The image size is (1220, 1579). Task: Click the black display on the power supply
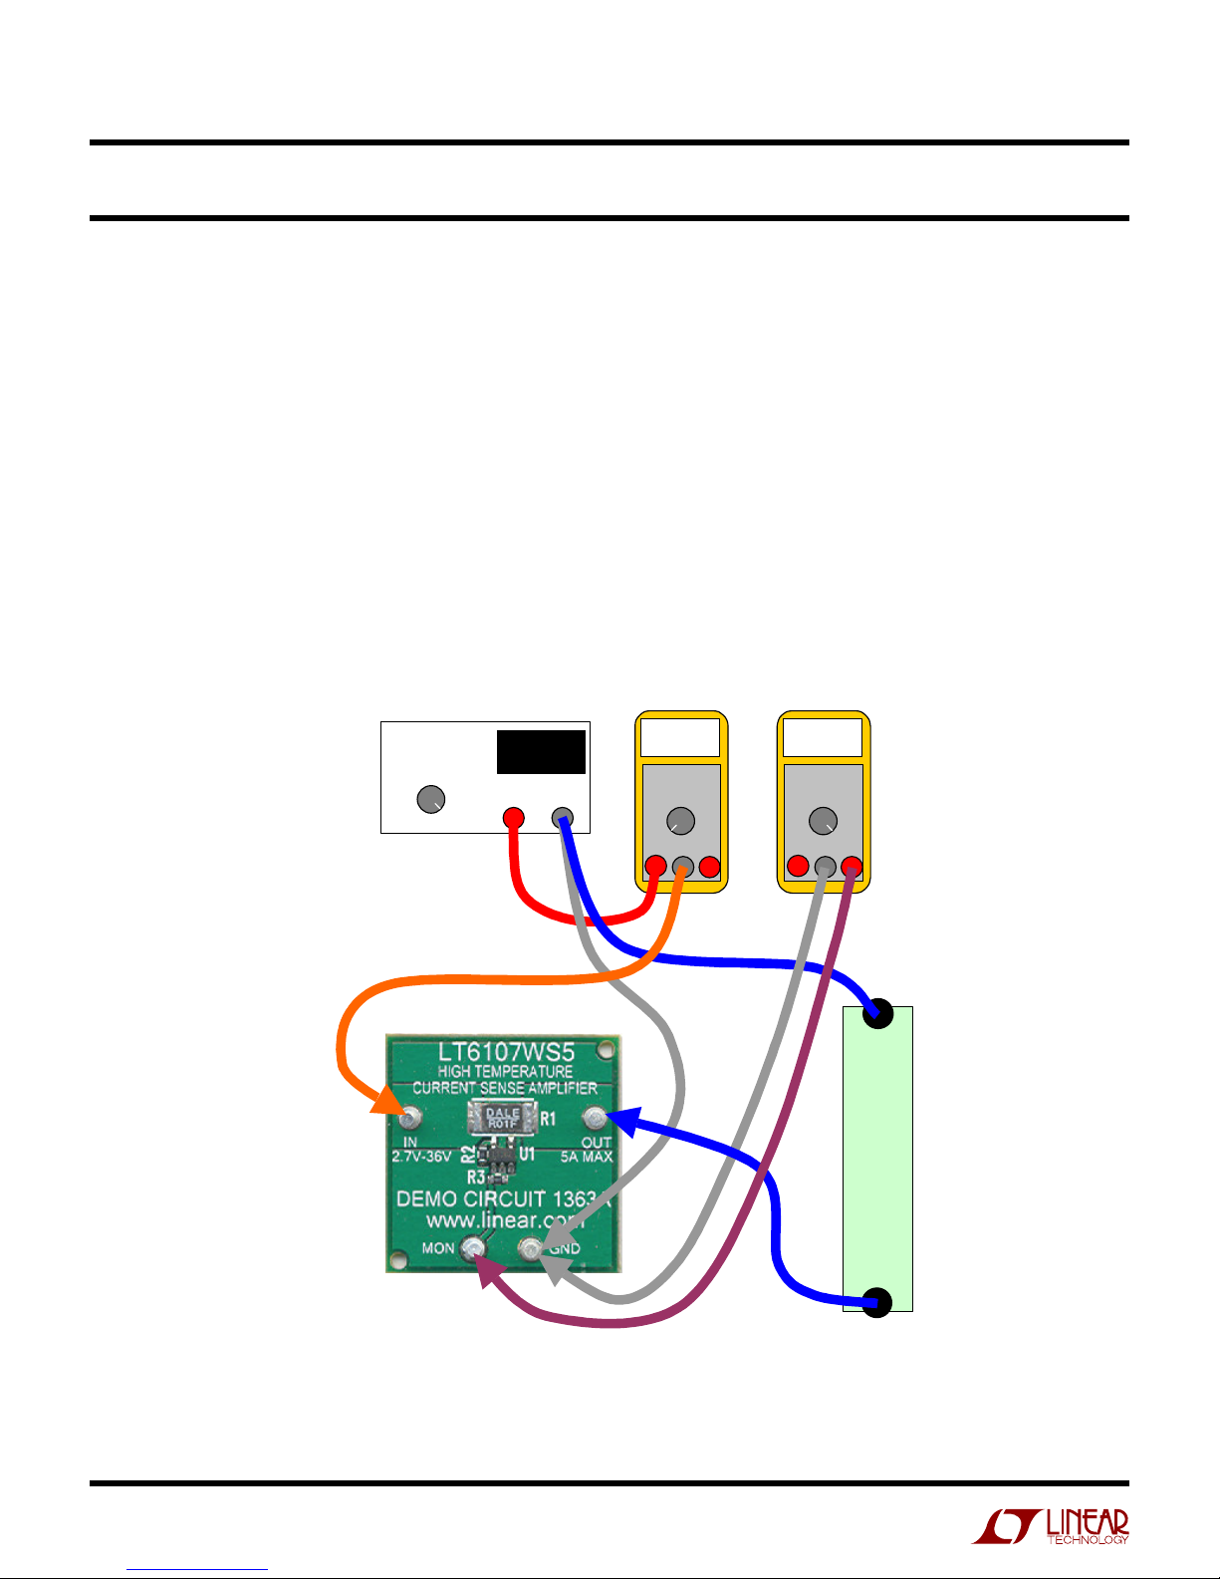click(541, 752)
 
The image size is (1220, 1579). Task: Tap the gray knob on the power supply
click(430, 799)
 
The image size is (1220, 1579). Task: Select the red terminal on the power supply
click(513, 818)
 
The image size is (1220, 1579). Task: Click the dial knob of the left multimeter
click(680, 821)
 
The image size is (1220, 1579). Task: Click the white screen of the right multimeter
click(823, 738)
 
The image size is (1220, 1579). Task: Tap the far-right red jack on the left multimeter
click(709, 867)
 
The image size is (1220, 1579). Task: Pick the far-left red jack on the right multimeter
click(798, 866)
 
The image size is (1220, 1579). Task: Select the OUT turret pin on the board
click(595, 1117)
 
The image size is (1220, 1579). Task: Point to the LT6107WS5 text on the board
click(506, 1052)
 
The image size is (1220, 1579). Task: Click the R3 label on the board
click(476, 1177)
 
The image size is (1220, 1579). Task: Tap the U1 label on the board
click(528, 1155)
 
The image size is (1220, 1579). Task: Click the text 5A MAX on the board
click(587, 1158)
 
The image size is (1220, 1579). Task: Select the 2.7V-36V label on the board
click(421, 1158)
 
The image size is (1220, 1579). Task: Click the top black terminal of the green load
click(878, 1015)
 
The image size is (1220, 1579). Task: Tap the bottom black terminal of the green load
click(876, 1301)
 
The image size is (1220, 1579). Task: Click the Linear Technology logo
click(1051, 1526)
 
